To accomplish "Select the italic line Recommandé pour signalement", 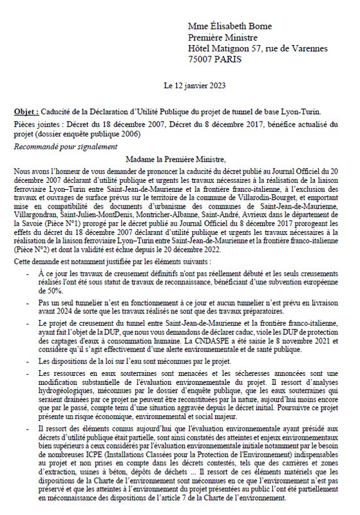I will [58, 147].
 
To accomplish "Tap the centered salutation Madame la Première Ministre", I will [179, 159].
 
